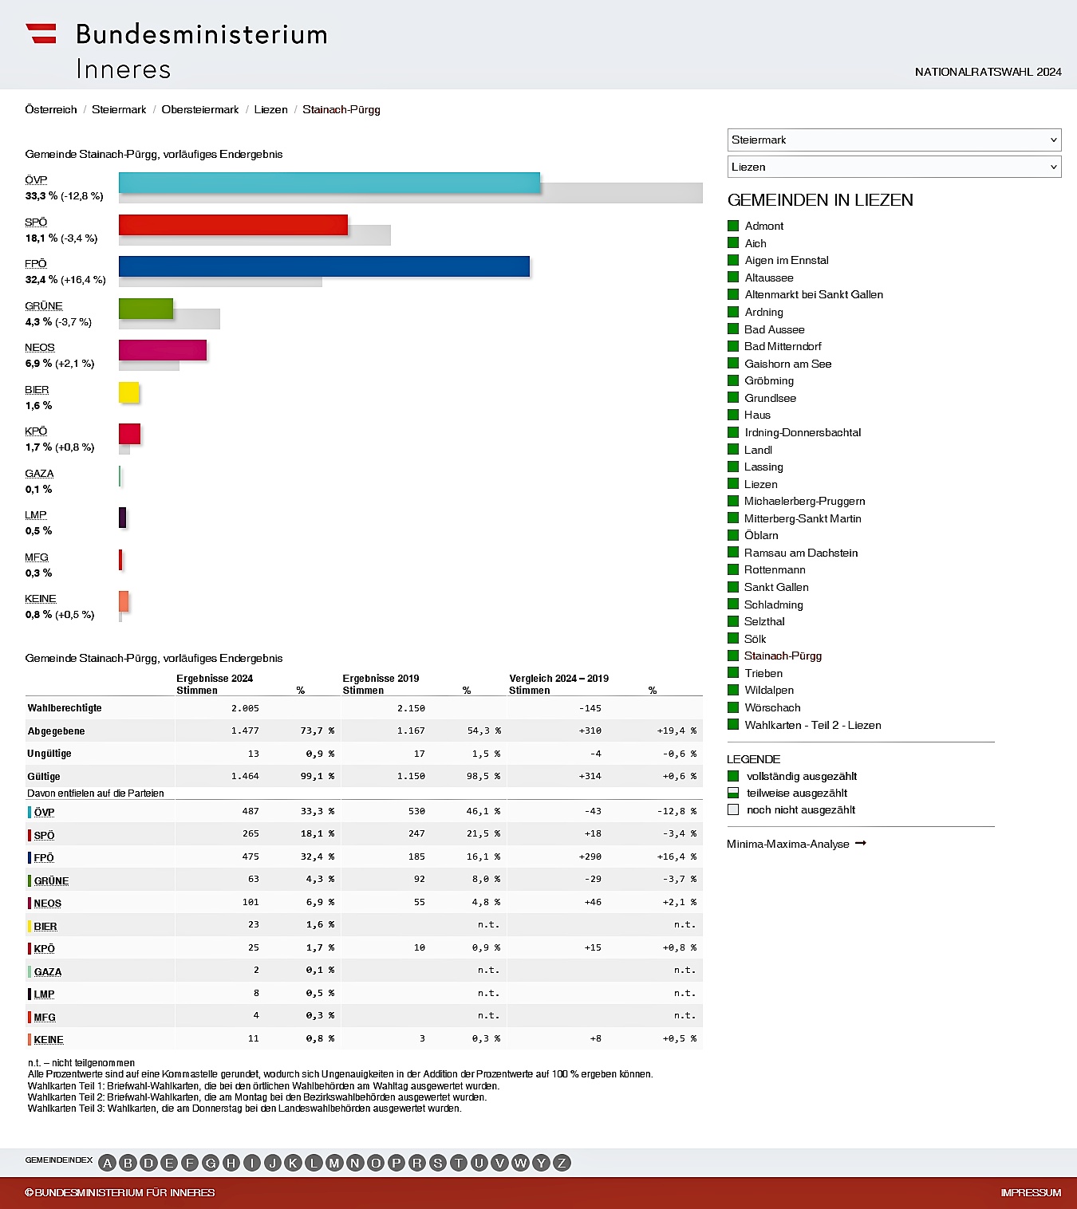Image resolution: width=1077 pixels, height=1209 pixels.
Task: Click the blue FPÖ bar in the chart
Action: click(x=324, y=266)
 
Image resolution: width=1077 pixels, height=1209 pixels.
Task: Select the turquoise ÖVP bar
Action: click(x=329, y=183)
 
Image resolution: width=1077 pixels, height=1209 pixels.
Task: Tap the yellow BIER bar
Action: click(x=128, y=392)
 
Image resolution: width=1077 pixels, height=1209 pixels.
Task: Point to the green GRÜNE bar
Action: click(x=145, y=309)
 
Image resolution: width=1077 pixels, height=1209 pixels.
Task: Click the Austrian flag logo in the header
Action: click(x=41, y=33)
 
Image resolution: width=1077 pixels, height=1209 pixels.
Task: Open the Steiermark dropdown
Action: click(x=894, y=140)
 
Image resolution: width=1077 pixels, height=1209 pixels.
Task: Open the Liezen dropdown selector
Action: click(x=894, y=167)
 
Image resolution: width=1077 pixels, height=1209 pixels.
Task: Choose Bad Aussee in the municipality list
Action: click(x=774, y=329)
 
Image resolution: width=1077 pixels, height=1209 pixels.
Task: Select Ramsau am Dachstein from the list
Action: click(x=800, y=553)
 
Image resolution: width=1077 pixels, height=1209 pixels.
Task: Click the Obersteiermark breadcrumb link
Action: click(x=199, y=109)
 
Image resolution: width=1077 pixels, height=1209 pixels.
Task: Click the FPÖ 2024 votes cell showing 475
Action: click(x=251, y=857)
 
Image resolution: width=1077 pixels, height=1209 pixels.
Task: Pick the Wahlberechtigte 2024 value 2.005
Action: click(x=245, y=708)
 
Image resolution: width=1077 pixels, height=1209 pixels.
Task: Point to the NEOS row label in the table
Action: click(x=47, y=904)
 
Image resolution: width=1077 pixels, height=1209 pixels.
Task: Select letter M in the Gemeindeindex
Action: click(x=334, y=1163)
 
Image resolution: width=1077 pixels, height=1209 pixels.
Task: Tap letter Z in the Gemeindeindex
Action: click(x=562, y=1163)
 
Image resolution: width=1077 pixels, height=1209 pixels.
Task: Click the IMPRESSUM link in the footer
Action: click(x=1031, y=1192)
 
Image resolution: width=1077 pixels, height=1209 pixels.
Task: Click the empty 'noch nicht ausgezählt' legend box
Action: click(x=733, y=809)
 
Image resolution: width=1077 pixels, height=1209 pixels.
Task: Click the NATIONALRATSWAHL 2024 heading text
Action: click(x=988, y=72)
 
